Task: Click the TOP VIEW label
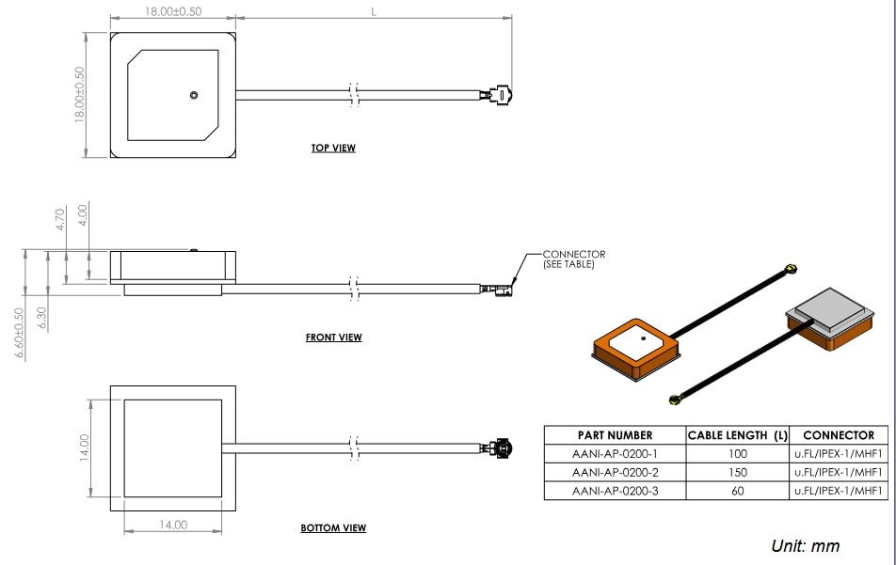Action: point(333,149)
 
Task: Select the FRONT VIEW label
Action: point(333,337)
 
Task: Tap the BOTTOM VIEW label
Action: point(333,528)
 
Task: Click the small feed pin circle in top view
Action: point(193,95)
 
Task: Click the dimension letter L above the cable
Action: point(374,11)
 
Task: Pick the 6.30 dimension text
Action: point(40,318)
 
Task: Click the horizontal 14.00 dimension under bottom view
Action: point(173,526)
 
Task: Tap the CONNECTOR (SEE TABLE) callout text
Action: point(573,259)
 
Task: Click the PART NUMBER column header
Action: point(615,435)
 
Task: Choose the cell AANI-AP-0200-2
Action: point(615,472)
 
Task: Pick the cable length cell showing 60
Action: point(738,491)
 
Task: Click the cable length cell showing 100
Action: point(738,454)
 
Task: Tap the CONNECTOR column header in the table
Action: point(838,435)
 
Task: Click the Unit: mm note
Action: point(805,546)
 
